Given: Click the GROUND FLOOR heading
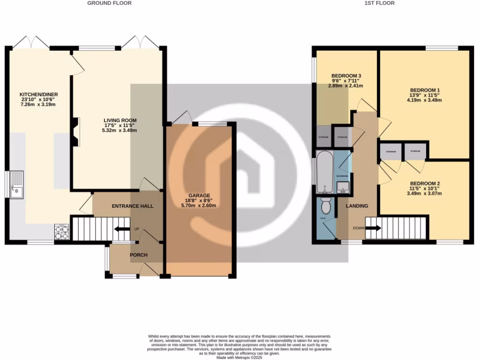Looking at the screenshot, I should (x=109, y=3).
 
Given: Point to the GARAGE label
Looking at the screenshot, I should (x=199, y=195).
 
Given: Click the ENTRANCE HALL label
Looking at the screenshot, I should (x=133, y=206).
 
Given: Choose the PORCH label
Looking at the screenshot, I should (x=138, y=255).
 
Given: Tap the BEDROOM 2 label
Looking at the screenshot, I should (x=425, y=183).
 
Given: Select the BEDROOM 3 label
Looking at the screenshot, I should (x=346, y=76).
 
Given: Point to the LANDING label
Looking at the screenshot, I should (x=357, y=206).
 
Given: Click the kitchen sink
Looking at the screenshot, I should (x=16, y=185).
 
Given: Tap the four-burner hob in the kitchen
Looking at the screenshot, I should (x=62, y=232).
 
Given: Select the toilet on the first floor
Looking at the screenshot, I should (x=326, y=204).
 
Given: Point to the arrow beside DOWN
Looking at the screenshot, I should (x=373, y=228).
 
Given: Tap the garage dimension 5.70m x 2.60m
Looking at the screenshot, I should (x=199, y=206).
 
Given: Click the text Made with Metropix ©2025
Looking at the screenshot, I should (x=240, y=358).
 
